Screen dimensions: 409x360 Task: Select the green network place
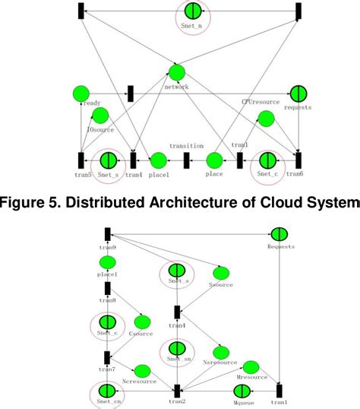coord(176,73)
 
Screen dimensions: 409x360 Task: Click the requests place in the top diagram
coord(298,93)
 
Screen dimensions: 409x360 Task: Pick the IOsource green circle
coord(99,116)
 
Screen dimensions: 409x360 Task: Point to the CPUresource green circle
coord(265,118)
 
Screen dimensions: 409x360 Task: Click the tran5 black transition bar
coord(81,160)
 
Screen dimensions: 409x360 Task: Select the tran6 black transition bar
coord(298,160)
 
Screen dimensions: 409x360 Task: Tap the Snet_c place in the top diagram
coord(267,160)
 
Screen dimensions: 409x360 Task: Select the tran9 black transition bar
coord(108,234)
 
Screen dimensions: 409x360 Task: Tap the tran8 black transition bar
coord(108,288)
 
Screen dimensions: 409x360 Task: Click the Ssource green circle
coord(221,272)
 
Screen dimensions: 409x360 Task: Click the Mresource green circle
coord(251,367)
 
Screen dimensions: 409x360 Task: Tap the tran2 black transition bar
coord(176,391)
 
